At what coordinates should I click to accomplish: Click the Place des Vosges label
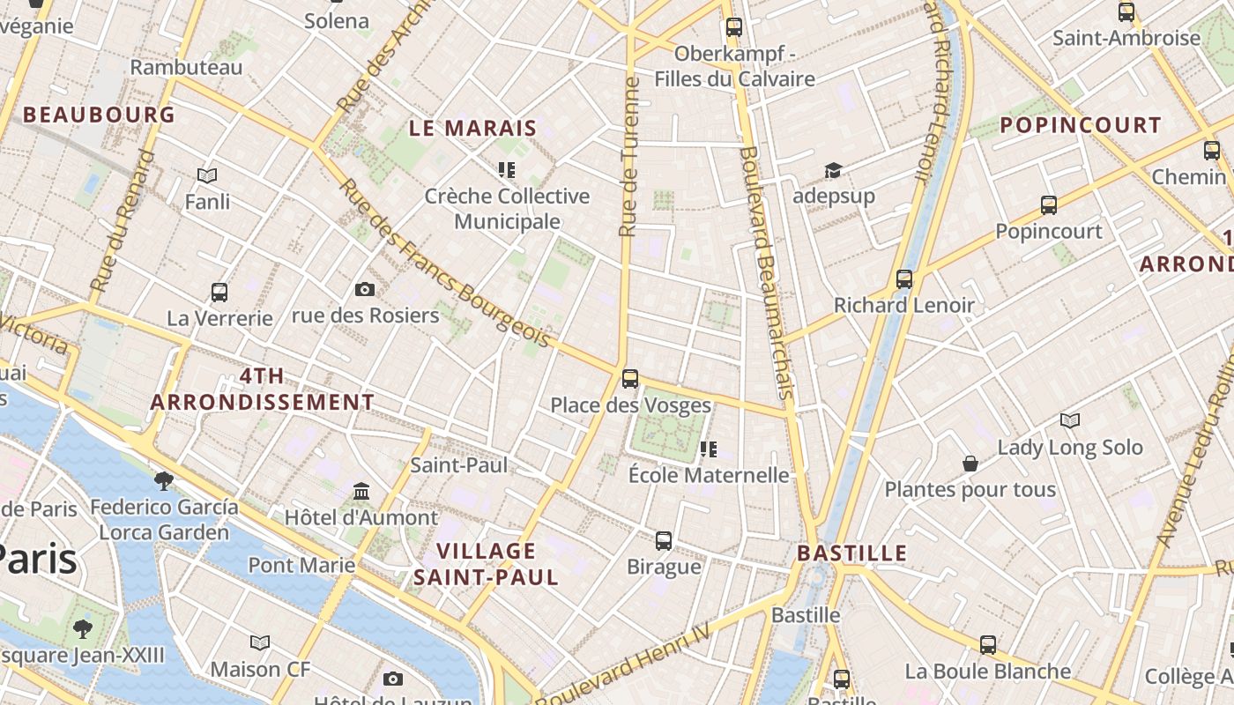coord(630,405)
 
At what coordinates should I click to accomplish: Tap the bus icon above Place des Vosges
coord(630,379)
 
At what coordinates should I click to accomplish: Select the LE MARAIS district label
coord(472,128)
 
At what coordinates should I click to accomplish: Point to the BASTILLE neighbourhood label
coord(851,553)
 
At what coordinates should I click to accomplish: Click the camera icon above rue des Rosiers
coord(364,289)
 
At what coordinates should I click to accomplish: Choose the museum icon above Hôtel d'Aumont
coord(361,491)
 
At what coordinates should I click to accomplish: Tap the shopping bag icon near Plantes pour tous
coord(970,464)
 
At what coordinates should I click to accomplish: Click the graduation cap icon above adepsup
coord(833,170)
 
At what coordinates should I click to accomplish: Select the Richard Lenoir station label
coord(904,306)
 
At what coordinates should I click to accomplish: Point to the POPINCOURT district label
coord(1081,125)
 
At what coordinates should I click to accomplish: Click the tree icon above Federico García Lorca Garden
coord(163,480)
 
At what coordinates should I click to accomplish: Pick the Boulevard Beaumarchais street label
coord(765,273)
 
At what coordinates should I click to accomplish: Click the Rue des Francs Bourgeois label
coord(445,264)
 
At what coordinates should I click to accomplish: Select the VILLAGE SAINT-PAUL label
coord(486,564)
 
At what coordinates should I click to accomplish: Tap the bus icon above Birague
coord(664,540)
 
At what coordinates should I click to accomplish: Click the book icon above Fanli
coord(207,176)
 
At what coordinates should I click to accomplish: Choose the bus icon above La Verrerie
coord(219,292)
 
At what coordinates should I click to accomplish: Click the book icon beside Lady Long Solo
coord(1070,421)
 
